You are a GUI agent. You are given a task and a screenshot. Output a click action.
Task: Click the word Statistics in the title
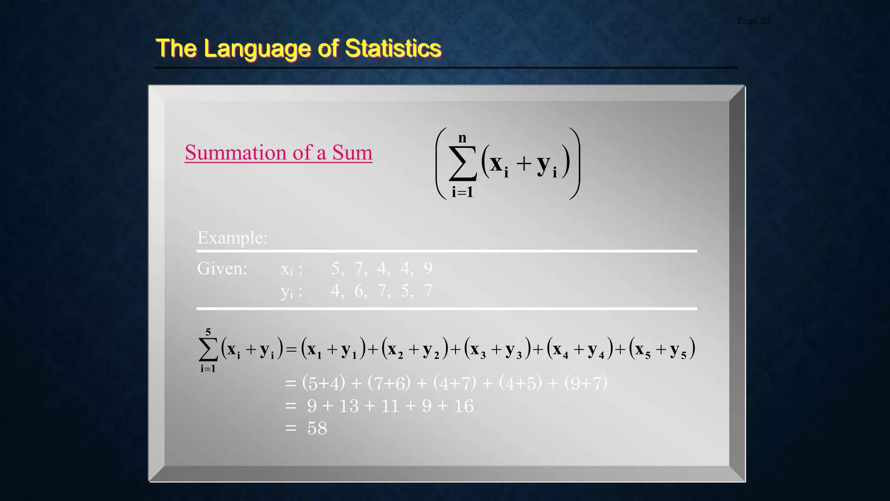click(x=393, y=48)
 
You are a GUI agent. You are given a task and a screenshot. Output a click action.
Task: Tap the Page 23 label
click(x=753, y=20)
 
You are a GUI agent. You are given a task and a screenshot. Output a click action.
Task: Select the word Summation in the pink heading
click(x=236, y=153)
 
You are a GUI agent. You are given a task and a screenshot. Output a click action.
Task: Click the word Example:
click(x=232, y=238)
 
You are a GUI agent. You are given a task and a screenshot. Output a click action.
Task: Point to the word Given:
click(x=222, y=268)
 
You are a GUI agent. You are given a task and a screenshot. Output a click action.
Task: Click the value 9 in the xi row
click(x=428, y=268)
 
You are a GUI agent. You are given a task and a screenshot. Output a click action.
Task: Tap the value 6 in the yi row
click(x=359, y=291)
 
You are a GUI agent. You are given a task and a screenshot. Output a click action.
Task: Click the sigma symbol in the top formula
click(x=462, y=163)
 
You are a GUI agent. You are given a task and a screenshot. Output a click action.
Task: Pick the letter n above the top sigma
click(x=462, y=138)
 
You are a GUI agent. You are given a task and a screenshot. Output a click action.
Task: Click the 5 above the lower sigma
click(x=208, y=332)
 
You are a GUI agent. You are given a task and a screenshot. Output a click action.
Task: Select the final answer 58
click(x=317, y=428)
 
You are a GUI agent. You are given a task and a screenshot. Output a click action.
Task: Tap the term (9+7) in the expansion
click(x=585, y=383)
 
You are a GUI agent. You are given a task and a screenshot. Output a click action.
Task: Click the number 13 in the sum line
click(x=349, y=406)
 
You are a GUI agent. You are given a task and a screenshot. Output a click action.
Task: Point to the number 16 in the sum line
click(x=464, y=406)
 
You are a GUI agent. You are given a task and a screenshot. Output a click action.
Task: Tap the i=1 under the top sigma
click(x=462, y=192)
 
